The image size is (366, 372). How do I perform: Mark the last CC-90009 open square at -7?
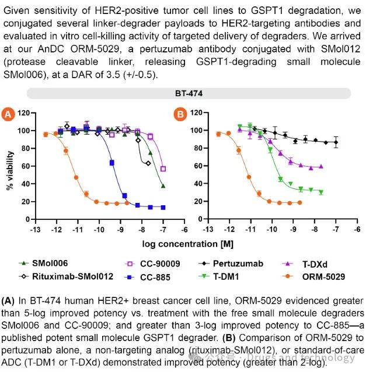163,169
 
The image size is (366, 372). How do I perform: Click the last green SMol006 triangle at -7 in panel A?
163,186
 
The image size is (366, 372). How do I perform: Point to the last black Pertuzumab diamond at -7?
336,142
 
